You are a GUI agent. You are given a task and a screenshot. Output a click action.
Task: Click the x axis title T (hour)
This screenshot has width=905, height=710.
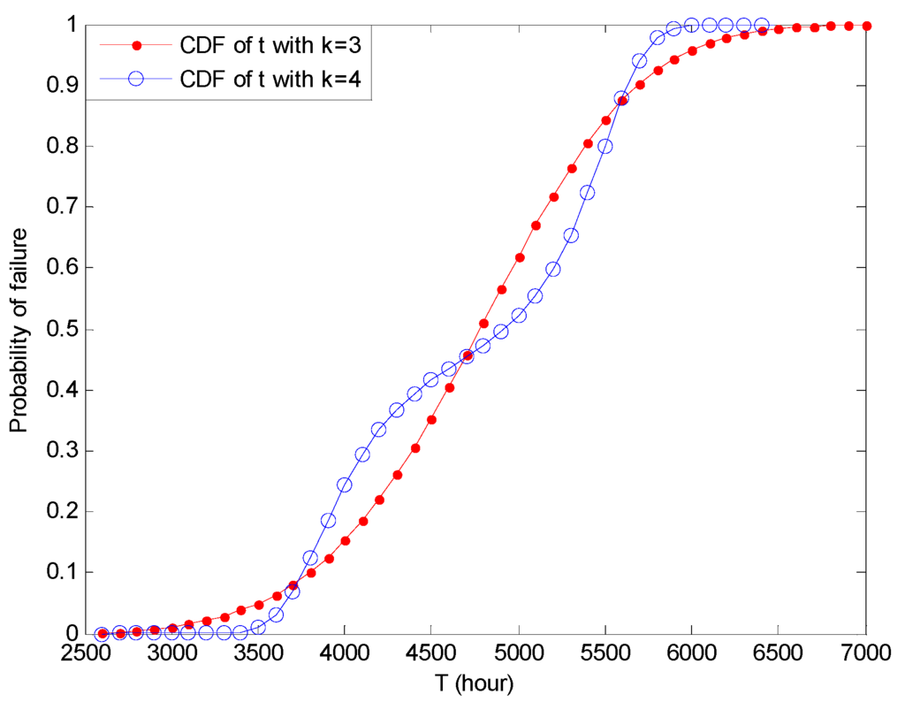point(475,683)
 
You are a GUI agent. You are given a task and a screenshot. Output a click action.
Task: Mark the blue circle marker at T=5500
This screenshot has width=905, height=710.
point(605,146)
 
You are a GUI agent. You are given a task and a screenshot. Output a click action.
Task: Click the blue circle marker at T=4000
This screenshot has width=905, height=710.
point(345,485)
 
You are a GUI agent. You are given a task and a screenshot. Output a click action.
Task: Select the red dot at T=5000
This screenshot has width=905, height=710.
point(519,257)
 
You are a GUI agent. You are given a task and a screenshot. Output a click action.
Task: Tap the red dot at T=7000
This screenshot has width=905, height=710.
point(866,26)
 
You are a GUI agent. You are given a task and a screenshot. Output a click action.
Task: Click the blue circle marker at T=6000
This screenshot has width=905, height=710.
point(692,25)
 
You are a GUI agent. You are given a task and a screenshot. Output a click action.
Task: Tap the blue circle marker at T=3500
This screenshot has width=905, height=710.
point(258,627)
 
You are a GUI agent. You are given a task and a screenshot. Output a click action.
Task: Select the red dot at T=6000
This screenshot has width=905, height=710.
point(692,50)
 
